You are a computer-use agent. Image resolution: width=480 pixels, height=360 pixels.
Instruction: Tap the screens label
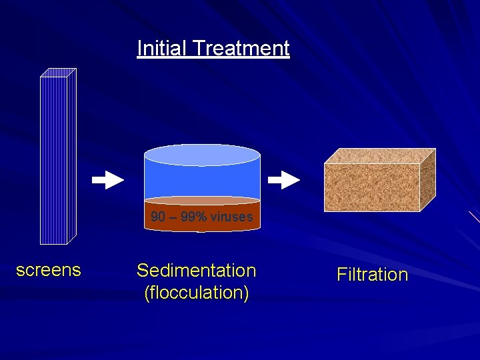point(48,270)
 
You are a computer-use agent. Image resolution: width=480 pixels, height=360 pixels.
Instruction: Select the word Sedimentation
point(196,271)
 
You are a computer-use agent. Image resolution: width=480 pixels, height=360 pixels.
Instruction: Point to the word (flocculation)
point(196,293)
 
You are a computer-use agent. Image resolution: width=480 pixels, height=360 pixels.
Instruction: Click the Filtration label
point(372,275)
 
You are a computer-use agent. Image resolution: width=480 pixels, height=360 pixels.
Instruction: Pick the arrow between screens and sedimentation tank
point(107,180)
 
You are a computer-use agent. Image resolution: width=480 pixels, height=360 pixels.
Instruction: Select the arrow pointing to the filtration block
point(284,180)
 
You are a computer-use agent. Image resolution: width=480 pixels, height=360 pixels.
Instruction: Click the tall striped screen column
point(53,160)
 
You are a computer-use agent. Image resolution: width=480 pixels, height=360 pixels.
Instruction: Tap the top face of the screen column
point(59,72)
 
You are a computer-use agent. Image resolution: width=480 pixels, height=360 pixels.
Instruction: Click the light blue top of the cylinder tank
point(202,155)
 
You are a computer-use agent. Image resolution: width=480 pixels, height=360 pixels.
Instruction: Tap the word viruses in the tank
point(234,217)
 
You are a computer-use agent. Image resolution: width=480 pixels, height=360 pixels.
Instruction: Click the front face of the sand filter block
point(372,187)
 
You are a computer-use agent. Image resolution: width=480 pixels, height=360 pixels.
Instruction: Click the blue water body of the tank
point(202,180)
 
